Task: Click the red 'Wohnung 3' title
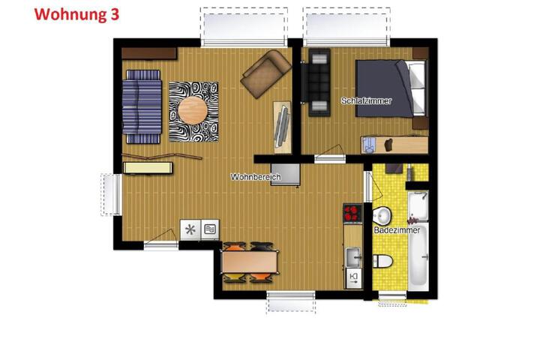pyautogui.click(x=76, y=14)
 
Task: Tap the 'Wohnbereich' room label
pyautogui.click(x=256, y=177)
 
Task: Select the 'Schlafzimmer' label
pyautogui.click(x=367, y=101)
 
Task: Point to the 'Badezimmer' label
pyautogui.click(x=397, y=230)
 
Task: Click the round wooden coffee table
pyautogui.click(x=193, y=110)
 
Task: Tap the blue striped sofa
pyautogui.click(x=142, y=106)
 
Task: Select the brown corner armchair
pyautogui.click(x=265, y=73)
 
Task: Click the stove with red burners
pyautogui.click(x=352, y=213)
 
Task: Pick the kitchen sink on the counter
pyautogui.click(x=353, y=257)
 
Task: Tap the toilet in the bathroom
pyautogui.click(x=382, y=261)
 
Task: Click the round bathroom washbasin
pyautogui.click(x=382, y=216)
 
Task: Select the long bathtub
pyautogui.click(x=418, y=254)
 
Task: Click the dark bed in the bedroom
pyautogui.click(x=391, y=88)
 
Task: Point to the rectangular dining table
pyautogui.click(x=250, y=262)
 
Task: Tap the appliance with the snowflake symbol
pyautogui.click(x=190, y=229)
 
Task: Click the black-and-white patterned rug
pyautogui.click(x=193, y=112)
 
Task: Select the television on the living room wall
pyautogui.click(x=282, y=127)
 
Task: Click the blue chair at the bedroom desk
pyautogui.click(x=369, y=145)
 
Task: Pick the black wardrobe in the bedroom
pyautogui.click(x=319, y=82)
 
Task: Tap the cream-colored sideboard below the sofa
pyautogui.click(x=148, y=168)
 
